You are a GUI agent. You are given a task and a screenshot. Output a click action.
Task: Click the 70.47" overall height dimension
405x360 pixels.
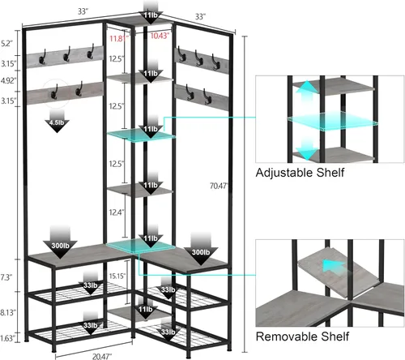click(x=219, y=186)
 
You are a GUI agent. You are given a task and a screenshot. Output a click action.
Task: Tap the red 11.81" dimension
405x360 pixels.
click(x=119, y=38)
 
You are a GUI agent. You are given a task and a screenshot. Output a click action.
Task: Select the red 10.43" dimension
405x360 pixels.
click(x=160, y=36)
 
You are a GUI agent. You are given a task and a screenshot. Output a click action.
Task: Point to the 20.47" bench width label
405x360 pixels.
click(x=102, y=357)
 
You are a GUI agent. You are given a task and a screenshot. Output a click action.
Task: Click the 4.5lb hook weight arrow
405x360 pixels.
click(x=57, y=121)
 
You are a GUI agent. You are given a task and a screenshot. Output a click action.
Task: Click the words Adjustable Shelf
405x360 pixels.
click(x=300, y=173)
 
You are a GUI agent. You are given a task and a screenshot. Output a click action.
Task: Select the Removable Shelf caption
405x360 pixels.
click(x=302, y=336)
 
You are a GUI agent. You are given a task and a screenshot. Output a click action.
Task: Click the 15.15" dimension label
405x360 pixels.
click(x=117, y=276)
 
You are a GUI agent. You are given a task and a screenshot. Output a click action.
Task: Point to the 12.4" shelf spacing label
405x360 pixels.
click(x=117, y=212)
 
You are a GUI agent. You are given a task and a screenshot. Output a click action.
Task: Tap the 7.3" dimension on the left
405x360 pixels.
click(x=6, y=277)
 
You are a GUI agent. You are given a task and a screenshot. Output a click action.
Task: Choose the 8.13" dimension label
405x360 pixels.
click(x=8, y=312)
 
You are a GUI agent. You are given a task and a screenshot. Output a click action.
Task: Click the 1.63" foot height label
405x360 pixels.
click(x=8, y=338)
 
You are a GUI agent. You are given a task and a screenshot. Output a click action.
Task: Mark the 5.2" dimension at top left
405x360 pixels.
click(x=6, y=43)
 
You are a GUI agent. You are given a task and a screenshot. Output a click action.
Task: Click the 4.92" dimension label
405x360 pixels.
click(x=8, y=80)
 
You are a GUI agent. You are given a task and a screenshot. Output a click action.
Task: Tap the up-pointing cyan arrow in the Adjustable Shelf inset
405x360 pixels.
click(x=306, y=92)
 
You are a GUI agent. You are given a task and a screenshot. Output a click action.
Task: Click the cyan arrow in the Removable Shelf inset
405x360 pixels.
click(x=333, y=266)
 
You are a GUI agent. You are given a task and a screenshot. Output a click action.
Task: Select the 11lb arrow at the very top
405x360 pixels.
click(x=151, y=11)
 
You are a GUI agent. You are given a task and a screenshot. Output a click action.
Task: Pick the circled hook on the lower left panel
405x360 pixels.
click(x=55, y=91)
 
